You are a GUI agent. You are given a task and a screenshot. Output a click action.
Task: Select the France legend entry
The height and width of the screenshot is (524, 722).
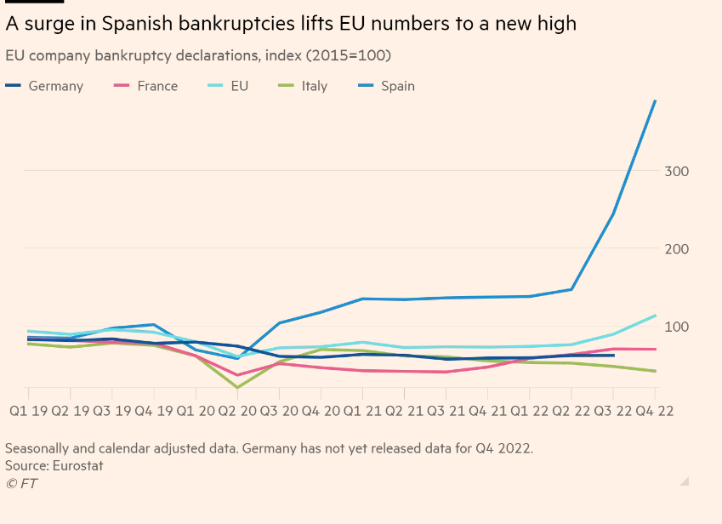coord(157,86)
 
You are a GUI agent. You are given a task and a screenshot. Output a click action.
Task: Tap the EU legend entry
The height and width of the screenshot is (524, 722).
coord(239,86)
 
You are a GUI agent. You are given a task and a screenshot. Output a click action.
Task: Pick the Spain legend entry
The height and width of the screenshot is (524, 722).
coord(397,86)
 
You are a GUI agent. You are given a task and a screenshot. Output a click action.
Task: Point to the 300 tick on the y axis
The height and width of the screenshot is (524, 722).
coord(676,171)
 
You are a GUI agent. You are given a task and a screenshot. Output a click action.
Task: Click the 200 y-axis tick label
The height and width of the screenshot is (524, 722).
coord(676,248)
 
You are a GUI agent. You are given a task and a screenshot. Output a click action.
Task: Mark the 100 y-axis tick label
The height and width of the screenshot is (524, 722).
coord(676,327)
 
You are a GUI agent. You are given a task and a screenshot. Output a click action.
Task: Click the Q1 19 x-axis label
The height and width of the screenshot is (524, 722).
coord(28,411)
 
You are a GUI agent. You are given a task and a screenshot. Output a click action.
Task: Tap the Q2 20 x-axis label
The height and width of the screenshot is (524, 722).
coord(236,411)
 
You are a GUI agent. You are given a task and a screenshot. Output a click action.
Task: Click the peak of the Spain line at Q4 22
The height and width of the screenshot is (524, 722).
coord(655,101)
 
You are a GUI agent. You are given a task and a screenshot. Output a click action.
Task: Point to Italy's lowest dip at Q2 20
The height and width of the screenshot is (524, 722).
coord(236,388)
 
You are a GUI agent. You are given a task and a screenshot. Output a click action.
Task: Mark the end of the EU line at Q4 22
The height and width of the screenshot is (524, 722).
coord(655,316)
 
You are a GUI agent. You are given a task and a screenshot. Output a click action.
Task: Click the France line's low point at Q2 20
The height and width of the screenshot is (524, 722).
coord(236,375)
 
